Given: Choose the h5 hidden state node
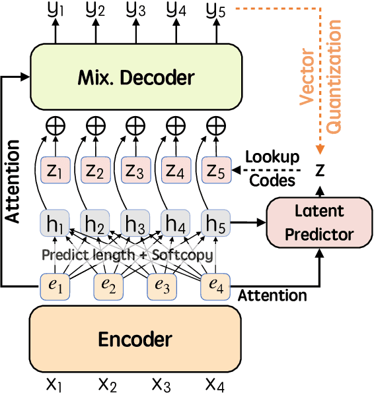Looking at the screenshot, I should click(215, 223).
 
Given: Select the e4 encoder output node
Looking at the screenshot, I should click(215, 285).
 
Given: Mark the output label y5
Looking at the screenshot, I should click(215, 11).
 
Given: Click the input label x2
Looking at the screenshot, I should click(108, 382).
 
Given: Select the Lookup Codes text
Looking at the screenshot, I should click(272, 168).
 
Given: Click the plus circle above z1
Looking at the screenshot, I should click(54, 125).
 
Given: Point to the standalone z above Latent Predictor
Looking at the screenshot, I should click(320, 170).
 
